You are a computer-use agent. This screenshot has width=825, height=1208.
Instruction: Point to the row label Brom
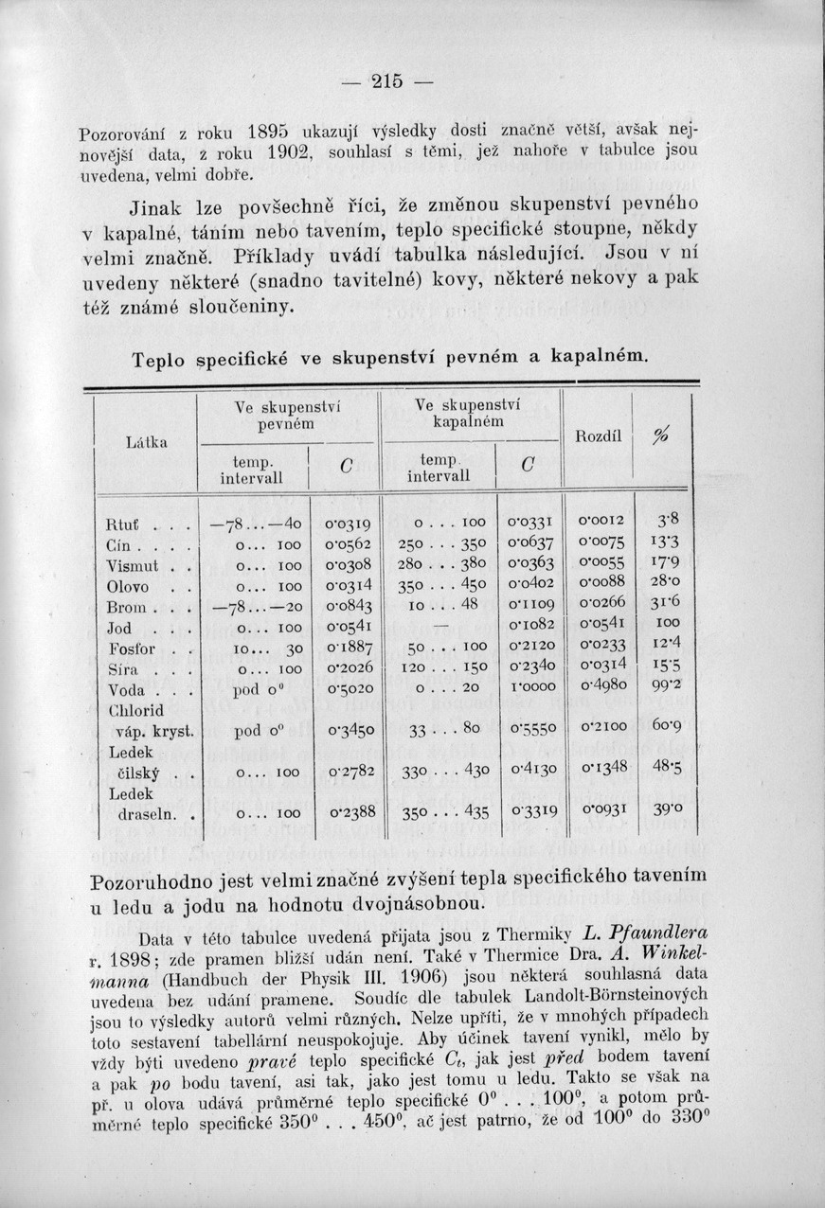[x=126, y=607]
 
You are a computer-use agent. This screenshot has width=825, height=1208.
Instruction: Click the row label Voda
[x=127, y=689]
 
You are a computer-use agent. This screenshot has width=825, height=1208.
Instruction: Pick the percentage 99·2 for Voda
[x=667, y=685]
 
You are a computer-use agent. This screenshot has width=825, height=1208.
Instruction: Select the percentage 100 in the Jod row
[x=668, y=624]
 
